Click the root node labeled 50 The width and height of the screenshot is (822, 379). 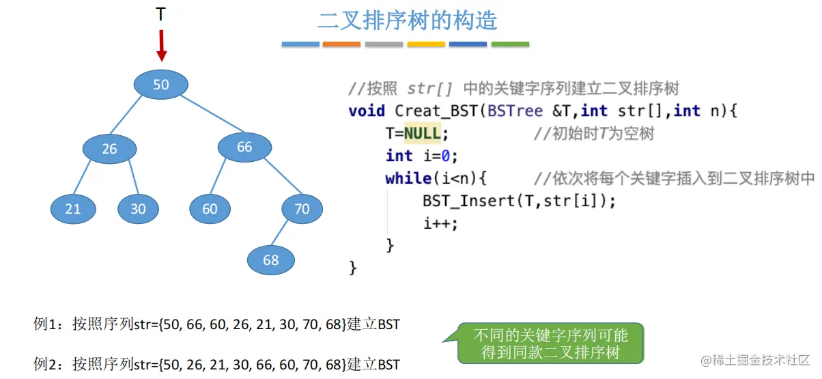coord(160,85)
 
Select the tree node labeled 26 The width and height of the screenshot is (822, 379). coord(109,148)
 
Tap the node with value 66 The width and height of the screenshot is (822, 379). coord(244,147)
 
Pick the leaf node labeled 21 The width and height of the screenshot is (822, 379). coord(73,209)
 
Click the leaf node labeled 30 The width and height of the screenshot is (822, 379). coord(138,209)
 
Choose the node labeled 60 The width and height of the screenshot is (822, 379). coord(210,209)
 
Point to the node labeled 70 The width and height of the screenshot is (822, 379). coord(302,209)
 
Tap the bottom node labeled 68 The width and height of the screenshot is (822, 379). coord(271,260)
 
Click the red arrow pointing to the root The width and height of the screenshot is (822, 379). coord(161,45)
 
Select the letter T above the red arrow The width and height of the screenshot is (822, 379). coord(160,14)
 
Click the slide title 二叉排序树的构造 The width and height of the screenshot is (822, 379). coord(408,20)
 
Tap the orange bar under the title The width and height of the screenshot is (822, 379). coord(341,44)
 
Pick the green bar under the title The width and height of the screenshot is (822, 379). coord(510,44)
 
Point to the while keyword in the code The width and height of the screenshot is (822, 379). coord(408,178)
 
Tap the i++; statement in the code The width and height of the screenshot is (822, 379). coord(440,223)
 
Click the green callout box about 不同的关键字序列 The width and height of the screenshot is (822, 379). coord(550,343)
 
